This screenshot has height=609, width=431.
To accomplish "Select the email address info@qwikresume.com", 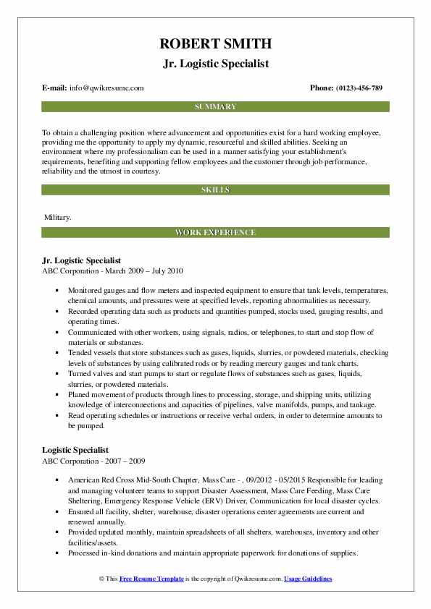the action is [106, 88].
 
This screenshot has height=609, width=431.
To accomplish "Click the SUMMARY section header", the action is [215, 107].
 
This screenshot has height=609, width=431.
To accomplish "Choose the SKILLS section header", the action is [215, 190].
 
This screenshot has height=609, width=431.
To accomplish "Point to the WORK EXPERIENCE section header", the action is [215, 233].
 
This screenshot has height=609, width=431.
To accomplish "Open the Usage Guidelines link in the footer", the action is [308, 579].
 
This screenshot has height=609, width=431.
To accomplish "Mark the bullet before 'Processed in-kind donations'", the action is [56, 553].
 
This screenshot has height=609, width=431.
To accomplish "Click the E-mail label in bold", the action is [55, 88].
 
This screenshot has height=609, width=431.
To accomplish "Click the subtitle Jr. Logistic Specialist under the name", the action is [215, 64].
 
